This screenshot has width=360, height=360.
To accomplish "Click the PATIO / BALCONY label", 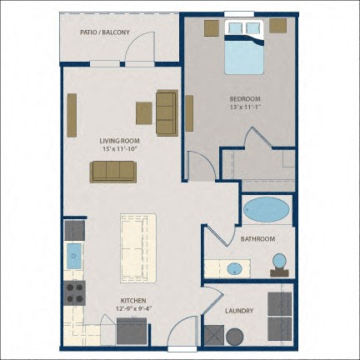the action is click(x=105, y=32).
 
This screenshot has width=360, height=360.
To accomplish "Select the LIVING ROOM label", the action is click(x=119, y=141).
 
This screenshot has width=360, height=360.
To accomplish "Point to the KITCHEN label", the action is click(x=133, y=301).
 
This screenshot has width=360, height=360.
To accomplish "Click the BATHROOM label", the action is click(x=257, y=239).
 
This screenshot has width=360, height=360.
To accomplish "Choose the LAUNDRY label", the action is click(x=239, y=311).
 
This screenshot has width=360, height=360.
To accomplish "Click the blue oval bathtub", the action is click(x=267, y=209).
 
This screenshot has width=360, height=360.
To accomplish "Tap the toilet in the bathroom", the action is click(x=279, y=265).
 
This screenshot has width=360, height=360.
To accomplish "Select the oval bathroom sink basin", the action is click(x=235, y=268).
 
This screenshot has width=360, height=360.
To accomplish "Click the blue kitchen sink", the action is click(x=74, y=256).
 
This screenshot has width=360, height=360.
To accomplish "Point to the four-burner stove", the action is click(x=74, y=293).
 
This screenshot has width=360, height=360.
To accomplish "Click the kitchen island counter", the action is click(x=138, y=248).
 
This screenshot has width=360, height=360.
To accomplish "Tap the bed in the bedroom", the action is click(x=244, y=47).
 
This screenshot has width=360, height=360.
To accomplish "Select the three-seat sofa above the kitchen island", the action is click(x=113, y=172).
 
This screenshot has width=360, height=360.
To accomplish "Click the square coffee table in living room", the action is click(x=144, y=113).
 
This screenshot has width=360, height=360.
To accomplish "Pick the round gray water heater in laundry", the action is click(x=235, y=337).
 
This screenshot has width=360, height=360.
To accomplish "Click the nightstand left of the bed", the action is click(x=212, y=28).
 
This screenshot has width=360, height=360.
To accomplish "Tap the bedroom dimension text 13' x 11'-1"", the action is click(x=245, y=107).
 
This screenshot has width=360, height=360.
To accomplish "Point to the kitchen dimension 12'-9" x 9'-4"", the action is click(x=133, y=308).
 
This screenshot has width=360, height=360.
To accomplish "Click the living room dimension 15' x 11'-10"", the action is click(x=119, y=149).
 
